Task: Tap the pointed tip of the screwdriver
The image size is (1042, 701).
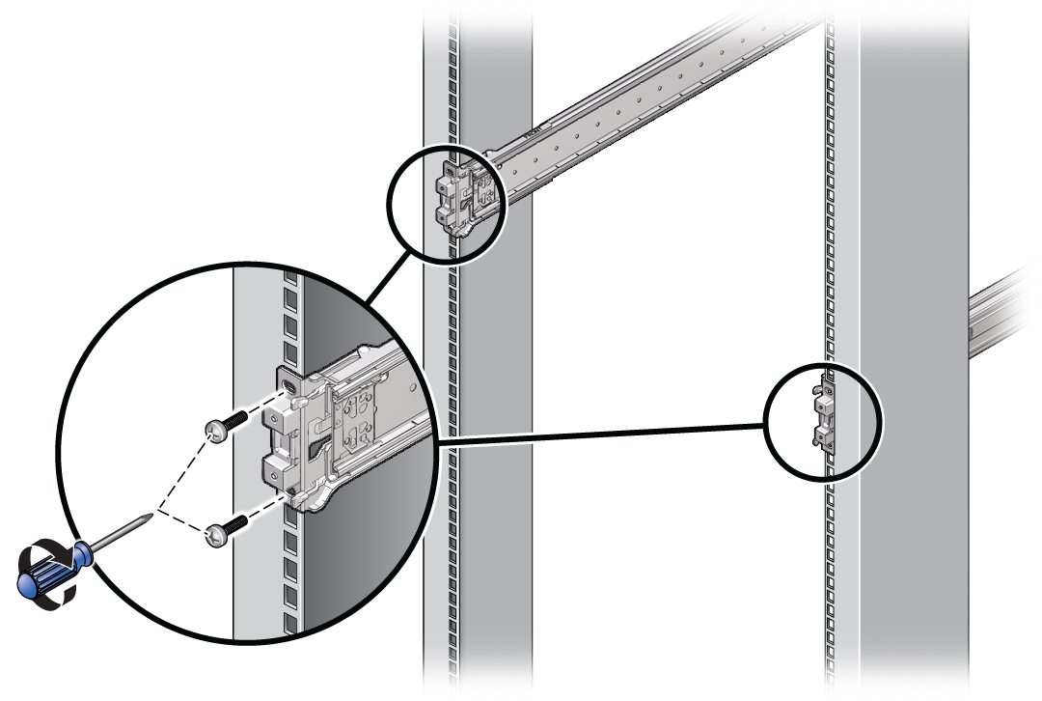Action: coord(150,517)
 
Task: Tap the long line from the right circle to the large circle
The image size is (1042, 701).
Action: coord(598,433)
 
